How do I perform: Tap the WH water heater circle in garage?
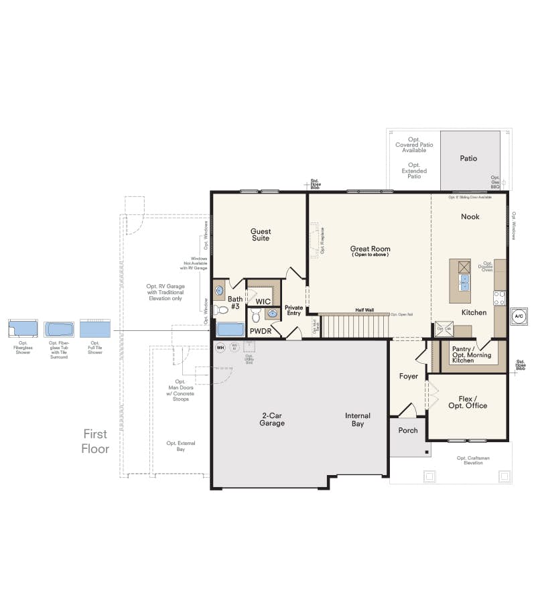[220, 346]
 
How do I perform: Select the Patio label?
[468, 159]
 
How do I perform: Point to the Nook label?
[470, 216]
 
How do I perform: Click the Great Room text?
[370, 249]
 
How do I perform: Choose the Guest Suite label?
[261, 234]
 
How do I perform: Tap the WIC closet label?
[263, 301]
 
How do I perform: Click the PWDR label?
[260, 331]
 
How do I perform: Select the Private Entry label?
[294, 310]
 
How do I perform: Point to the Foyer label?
[409, 376]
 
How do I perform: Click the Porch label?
[408, 430]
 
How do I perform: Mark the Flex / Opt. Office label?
[468, 402]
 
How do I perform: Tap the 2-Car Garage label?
[273, 419]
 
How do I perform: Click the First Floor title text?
[95, 441]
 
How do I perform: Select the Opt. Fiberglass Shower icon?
[23, 329]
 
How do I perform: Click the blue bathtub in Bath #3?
[231, 330]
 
